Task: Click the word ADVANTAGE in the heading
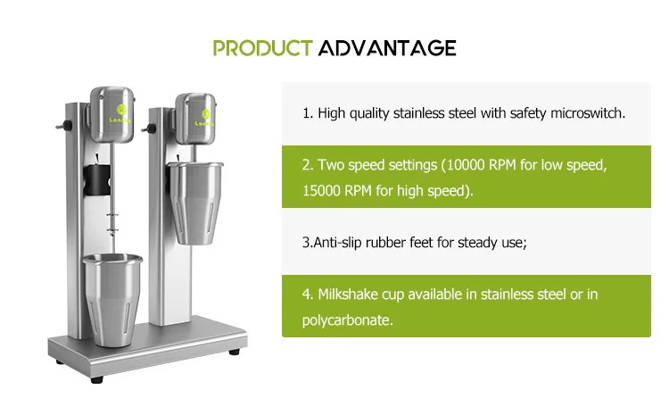[387, 47]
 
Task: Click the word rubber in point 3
[395, 242]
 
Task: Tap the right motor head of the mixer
[197, 120]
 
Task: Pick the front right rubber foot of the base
[234, 352]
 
